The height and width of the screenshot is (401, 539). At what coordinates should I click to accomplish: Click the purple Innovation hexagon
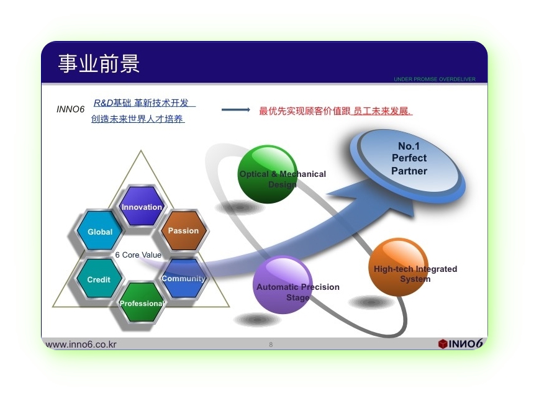(142, 206)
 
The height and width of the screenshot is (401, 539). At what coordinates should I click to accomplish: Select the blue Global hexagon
(100, 230)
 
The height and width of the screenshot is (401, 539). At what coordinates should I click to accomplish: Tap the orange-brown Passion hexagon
(184, 230)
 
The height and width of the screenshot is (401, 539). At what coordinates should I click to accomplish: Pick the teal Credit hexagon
(99, 278)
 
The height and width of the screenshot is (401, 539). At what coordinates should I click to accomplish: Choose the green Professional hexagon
(142, 302)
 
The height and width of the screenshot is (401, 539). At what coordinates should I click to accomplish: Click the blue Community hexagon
(184, 278)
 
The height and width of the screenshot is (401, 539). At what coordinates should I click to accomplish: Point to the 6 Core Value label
(138, 255)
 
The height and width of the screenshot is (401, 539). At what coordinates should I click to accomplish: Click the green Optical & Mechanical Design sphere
(268, 174)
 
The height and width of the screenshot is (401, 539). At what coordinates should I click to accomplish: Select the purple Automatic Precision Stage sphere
(283, 285)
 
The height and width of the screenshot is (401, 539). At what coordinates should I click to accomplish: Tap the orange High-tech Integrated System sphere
(399, 267)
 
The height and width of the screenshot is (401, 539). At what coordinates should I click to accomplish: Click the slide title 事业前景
(99, 63)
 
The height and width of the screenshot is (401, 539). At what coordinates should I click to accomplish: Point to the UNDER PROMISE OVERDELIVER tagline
(435, 79)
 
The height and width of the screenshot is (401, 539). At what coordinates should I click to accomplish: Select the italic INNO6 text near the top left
(70, 109)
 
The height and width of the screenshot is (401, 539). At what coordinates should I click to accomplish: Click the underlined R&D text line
(144, 103)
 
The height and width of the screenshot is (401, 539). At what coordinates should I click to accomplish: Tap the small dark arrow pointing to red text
(236, 110)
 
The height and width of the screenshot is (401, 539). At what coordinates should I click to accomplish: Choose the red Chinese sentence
(335, 111)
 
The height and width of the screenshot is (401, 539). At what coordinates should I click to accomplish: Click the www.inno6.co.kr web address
(81, 345)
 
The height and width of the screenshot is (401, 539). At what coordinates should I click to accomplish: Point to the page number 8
(271, 345)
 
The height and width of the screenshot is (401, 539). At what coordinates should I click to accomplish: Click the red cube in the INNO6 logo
(443, 344)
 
